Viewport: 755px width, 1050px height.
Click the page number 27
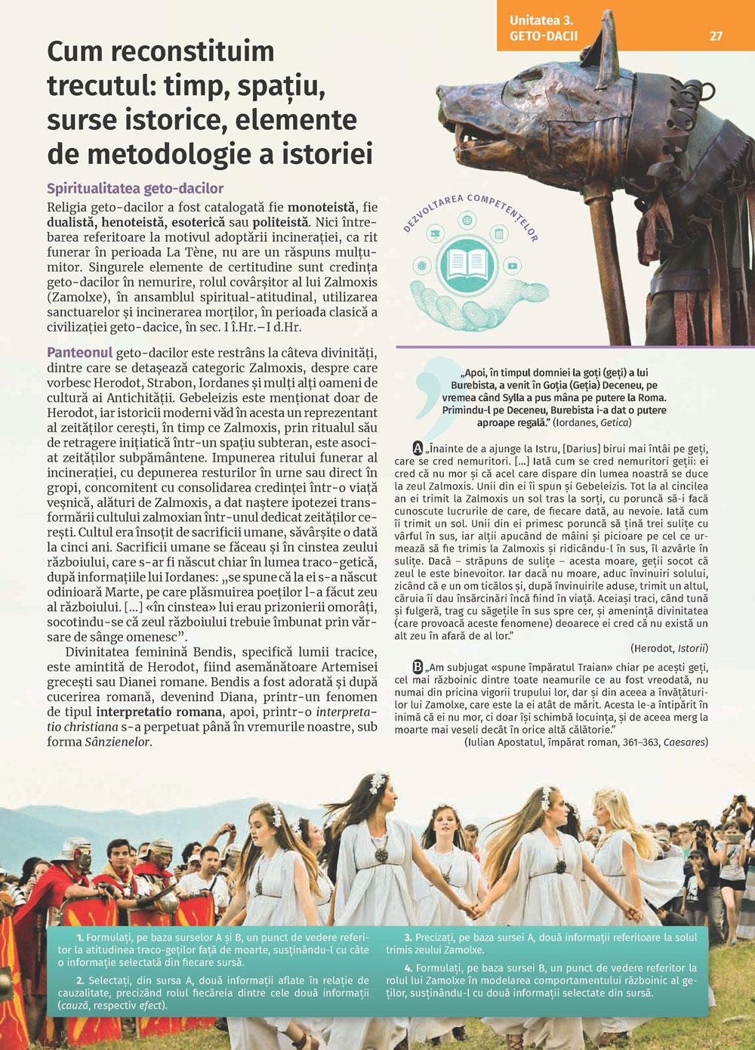[716, 36]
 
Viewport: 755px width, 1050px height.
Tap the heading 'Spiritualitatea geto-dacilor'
[135, 188]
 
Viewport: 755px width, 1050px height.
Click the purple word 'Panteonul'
[79, 353]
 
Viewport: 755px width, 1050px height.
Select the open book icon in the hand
[467, 264]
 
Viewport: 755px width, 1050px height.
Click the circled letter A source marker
[418, 447]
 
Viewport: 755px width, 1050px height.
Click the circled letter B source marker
[418, 667]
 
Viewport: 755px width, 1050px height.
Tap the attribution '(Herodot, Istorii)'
[669, 648]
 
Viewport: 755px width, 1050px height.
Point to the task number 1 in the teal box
[79, 937]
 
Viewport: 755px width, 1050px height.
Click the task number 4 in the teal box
[408, 968]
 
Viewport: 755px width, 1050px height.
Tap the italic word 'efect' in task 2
[150, 1005]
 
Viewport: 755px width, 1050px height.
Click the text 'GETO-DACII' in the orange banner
[544, 36]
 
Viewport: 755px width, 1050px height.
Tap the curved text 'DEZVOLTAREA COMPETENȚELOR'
[470, 208]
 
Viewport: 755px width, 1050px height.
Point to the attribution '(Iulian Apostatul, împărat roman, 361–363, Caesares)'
[586, 743]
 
